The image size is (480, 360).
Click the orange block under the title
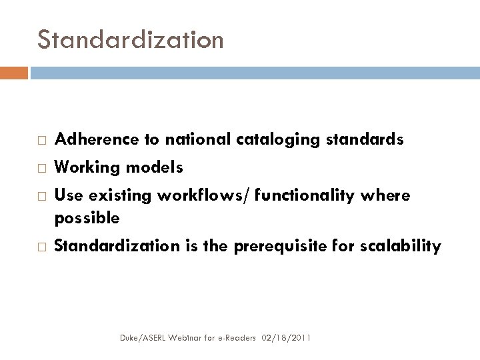tap(14, 72)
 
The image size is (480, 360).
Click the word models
tap(153, 167)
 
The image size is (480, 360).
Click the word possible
tap(87, 217)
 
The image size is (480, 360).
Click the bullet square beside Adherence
tap(41, 140)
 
